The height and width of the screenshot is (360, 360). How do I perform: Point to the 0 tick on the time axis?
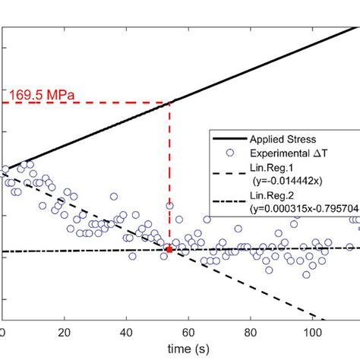3,332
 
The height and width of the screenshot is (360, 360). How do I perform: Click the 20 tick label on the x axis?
65,332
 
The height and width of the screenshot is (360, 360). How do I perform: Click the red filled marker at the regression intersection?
169,249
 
